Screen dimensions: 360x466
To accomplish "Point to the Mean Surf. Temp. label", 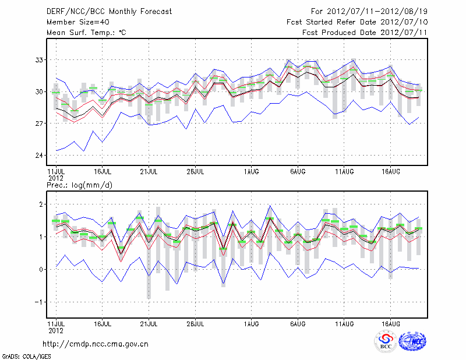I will click(86, 33).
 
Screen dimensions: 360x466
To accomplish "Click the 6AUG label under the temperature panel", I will click(298, 172).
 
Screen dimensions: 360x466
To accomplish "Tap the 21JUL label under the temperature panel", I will click(149, 172).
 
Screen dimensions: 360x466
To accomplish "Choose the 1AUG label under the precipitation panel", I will click(251, 322).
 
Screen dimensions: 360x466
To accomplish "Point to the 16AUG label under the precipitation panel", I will click(391, 322).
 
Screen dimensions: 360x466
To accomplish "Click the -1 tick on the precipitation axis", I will click(40, 302).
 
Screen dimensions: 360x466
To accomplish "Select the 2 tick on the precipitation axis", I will click(41, 204).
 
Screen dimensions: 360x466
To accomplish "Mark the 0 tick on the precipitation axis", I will click(41, 269).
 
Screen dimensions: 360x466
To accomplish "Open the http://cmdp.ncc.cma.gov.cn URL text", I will click(96, 344).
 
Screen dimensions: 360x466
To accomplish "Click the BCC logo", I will click(386, 342).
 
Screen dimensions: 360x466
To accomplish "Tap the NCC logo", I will click(412, 342).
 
